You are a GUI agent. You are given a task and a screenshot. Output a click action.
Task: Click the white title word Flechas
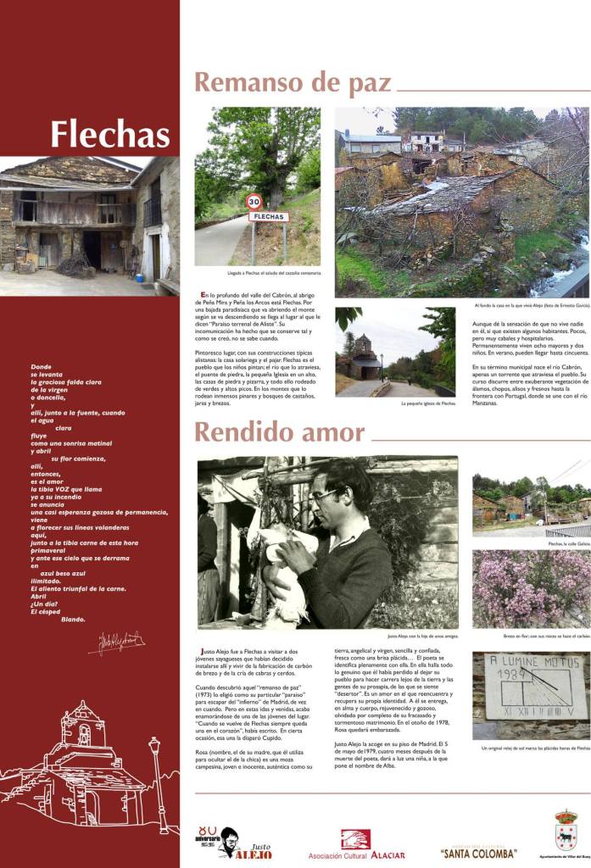point(109,134)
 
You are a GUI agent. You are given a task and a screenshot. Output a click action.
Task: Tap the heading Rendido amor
point(279,432)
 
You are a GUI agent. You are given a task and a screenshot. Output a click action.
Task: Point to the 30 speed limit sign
point(254,201)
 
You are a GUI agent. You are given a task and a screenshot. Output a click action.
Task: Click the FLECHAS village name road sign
point(269,217)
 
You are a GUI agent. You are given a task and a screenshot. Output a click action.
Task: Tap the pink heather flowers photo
point(531,588)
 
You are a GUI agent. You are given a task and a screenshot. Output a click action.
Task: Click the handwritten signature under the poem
point(116,642)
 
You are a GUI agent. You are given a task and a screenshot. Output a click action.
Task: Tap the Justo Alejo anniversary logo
point(222,842)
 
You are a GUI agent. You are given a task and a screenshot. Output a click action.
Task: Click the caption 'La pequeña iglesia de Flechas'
point(428,403)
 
